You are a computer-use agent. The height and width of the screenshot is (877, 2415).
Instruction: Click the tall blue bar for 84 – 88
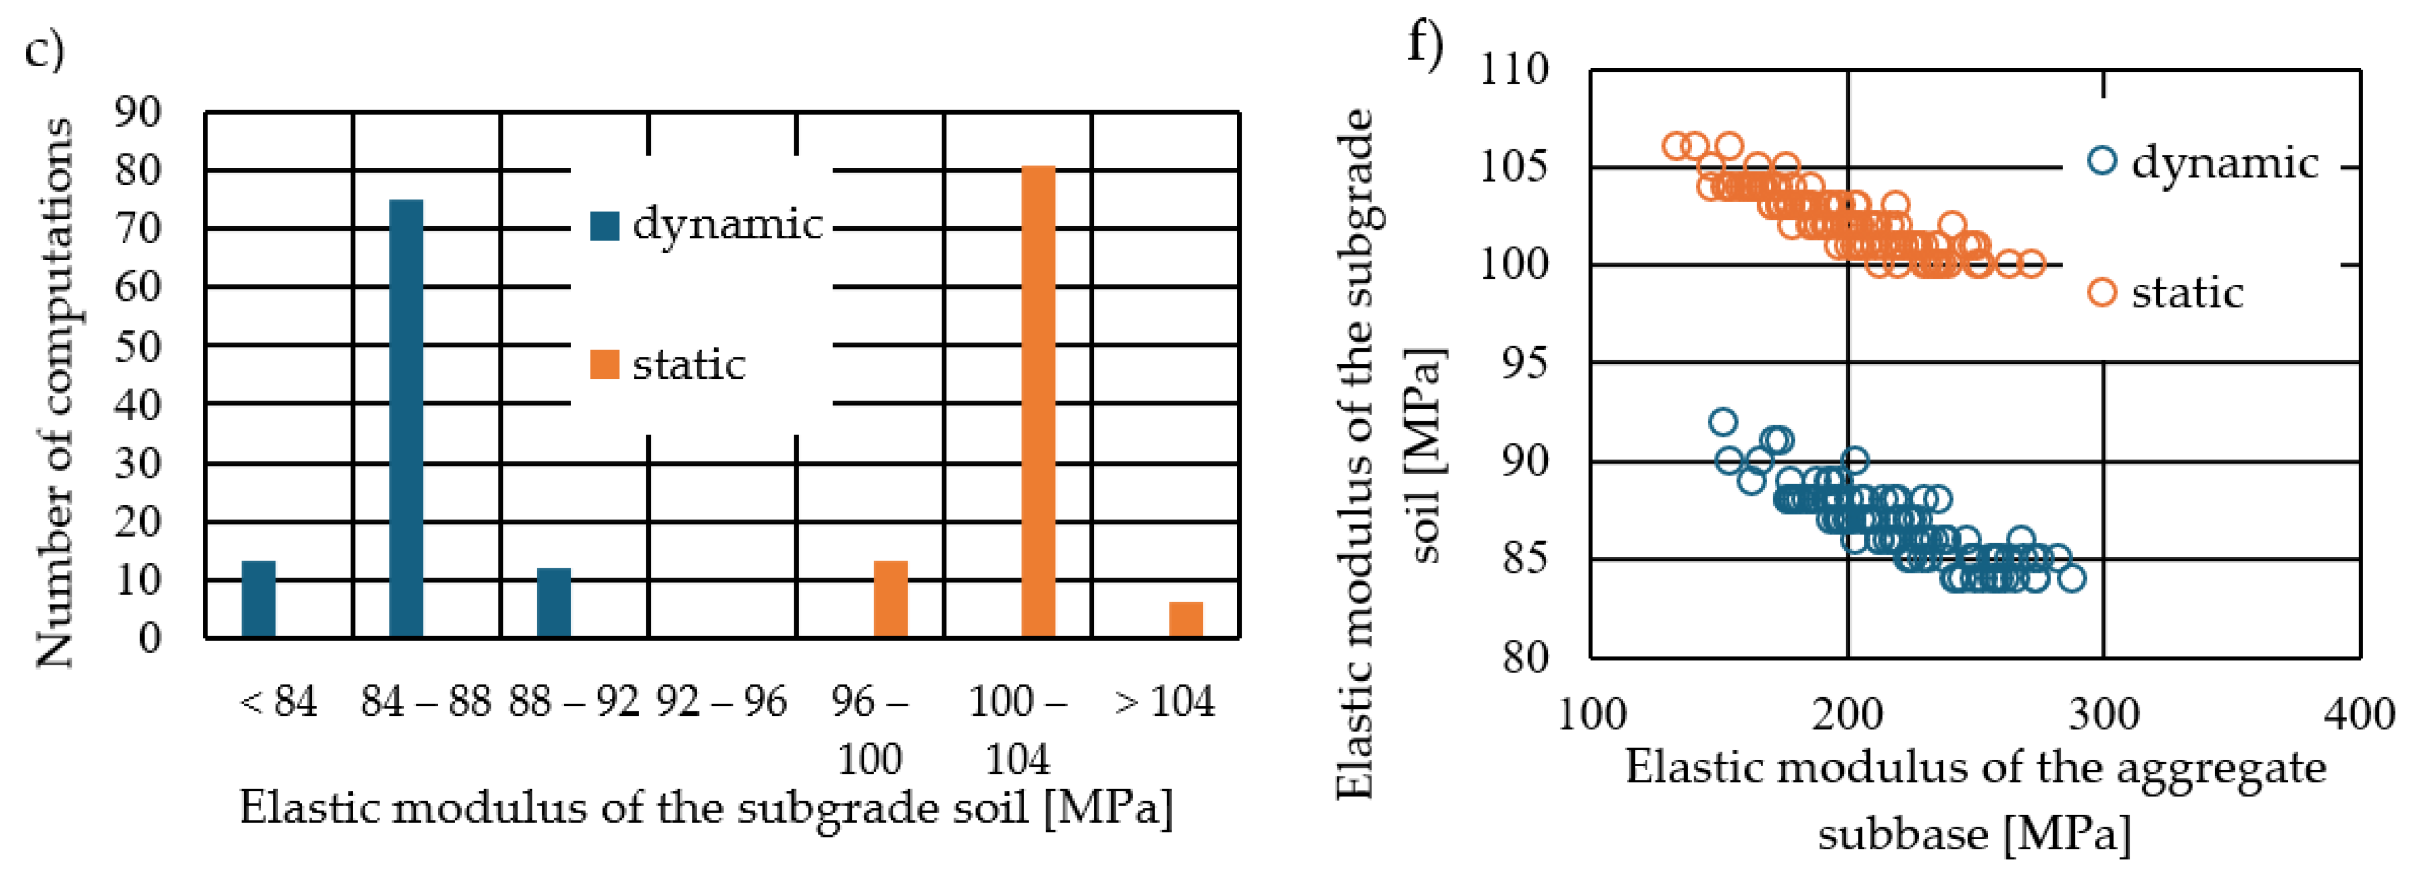click(x=406, y=418)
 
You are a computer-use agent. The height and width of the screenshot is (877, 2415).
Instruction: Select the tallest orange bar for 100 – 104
click(x=1038, y=401)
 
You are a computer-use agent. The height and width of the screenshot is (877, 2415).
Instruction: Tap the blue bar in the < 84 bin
click(x=259, y=599)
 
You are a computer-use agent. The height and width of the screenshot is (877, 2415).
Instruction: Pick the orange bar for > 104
click(x=1186, y=619)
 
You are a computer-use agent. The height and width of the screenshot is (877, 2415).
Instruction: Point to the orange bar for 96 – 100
click(x=891, y=599)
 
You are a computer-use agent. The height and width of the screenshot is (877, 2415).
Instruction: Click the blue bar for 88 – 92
click(x=554, y=603)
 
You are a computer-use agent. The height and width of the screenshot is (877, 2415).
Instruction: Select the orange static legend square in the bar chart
click(x=604, y=365)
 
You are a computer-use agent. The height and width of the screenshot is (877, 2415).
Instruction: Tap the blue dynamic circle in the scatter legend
click(x=2103, y=161)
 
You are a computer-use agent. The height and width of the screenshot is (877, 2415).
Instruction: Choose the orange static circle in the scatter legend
click(x=2103, y=293)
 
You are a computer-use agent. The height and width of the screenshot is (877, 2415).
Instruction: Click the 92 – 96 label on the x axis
click(x=721, y=702)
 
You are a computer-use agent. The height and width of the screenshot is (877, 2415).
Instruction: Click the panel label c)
click(x=44, y=49)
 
